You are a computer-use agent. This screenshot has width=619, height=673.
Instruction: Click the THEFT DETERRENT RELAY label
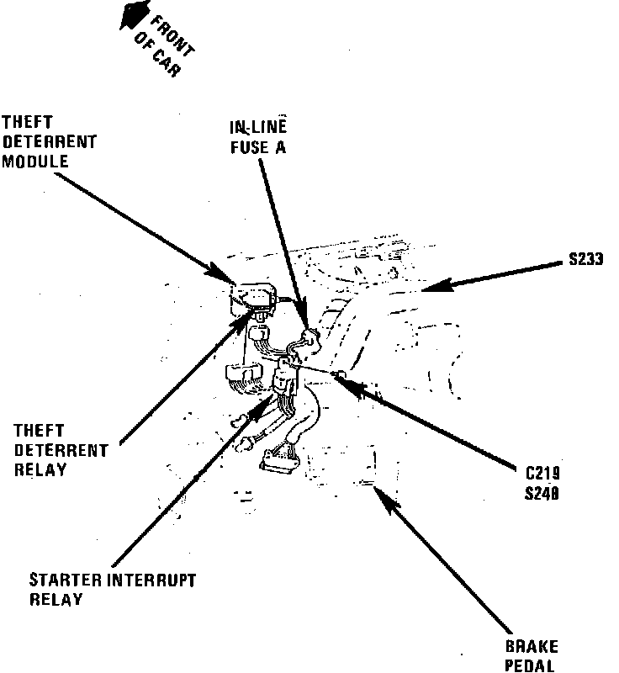[x=61, y=450]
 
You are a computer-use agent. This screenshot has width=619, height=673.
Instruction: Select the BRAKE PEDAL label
[x=531, y=657]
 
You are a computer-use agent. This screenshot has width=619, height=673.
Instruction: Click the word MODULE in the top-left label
[x=34, y=160]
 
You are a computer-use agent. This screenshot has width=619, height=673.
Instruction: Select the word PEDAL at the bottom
[x=531, y=666]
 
